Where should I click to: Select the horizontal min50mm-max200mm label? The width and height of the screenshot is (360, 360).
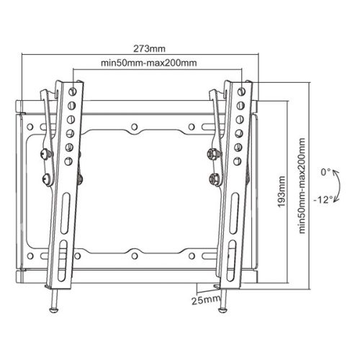[x=149, y=63]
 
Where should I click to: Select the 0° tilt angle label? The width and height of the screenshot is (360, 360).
[x=326, y=172]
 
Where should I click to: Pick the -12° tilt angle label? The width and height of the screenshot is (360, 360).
[x=324, y=199]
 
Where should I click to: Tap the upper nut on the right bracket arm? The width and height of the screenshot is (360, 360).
[x=214, y=153]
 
